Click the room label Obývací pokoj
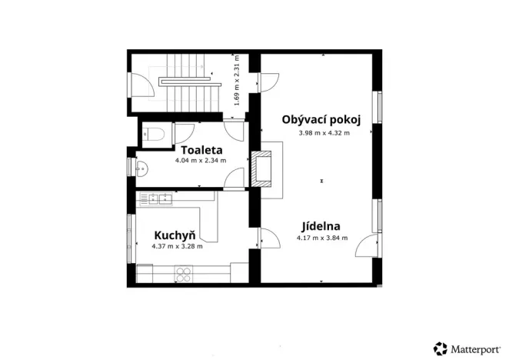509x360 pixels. (321, 119)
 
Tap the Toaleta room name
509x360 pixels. (201, 150)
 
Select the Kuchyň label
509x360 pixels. (175, 235)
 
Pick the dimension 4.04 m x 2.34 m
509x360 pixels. (201, 161)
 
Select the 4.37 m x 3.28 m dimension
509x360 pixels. (177, 246)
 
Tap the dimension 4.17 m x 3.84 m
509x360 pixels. (322, 238)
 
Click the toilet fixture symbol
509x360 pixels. (155, 134)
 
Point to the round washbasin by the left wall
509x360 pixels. (141, 165)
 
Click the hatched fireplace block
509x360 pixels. (261, 168)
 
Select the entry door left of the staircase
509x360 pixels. (141, 85)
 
